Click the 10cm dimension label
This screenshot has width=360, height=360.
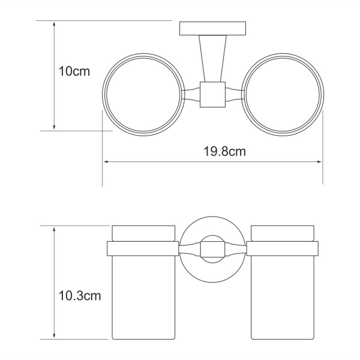74,71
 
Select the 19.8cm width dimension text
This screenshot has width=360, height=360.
223,152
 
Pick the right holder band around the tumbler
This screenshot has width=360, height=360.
284,247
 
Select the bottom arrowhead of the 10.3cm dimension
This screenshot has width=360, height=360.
55,335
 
